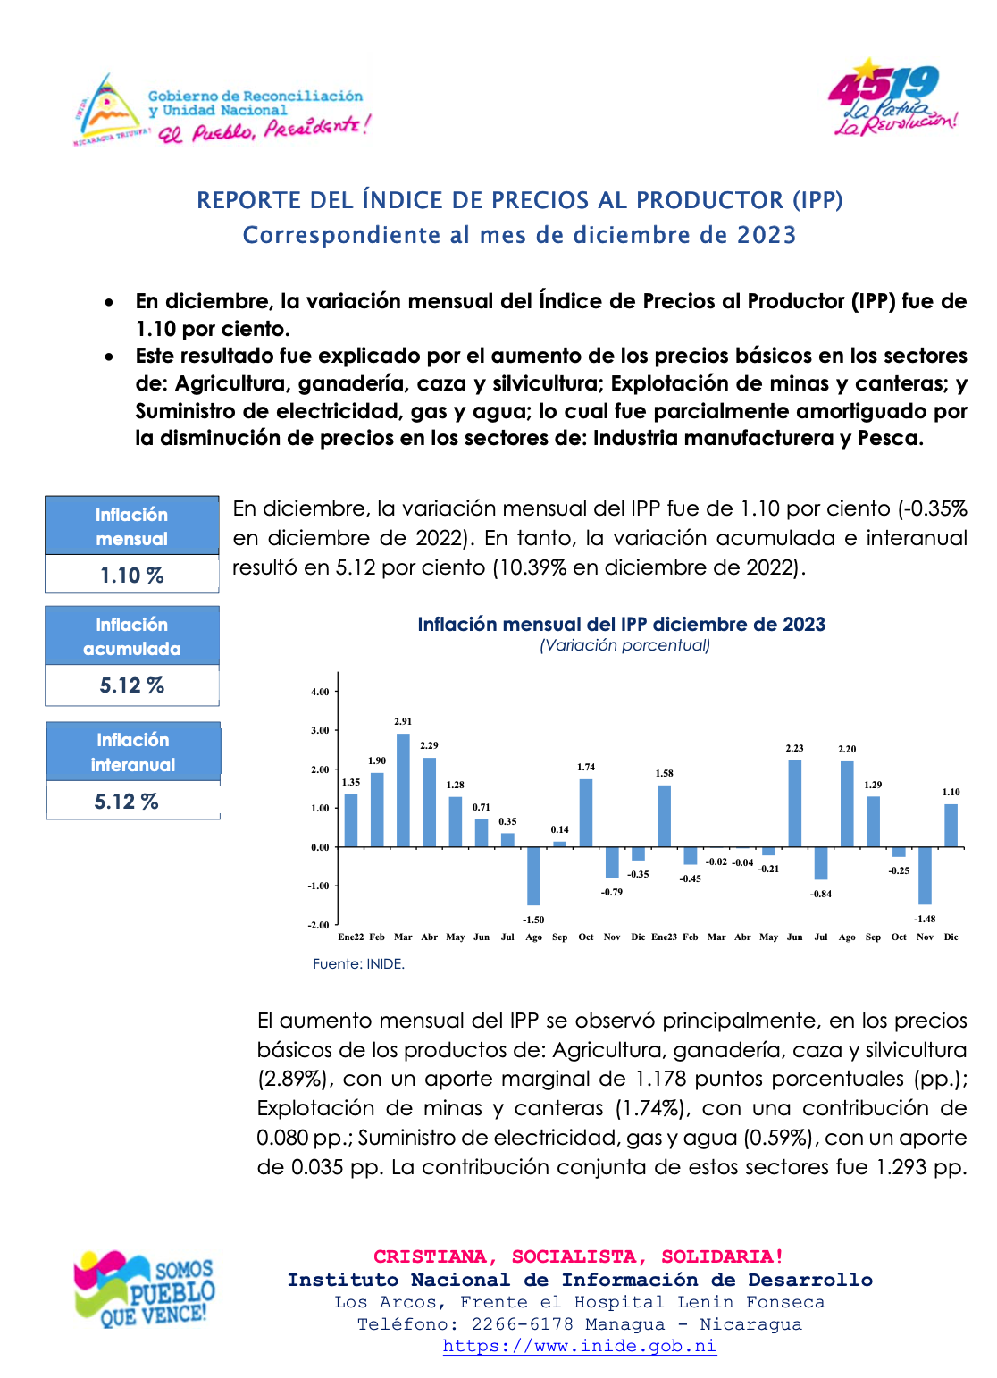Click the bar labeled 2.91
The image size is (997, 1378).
coord(403,790)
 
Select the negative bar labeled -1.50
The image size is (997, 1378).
coord(533,876)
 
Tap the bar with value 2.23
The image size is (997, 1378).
coord(794,803)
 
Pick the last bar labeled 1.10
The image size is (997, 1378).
coord(951,826)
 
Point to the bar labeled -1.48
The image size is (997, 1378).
coord(925,876)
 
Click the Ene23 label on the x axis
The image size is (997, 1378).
coord(665,937)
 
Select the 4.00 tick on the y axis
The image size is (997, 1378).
coord(320,692)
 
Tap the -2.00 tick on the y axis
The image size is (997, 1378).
coord(319,925)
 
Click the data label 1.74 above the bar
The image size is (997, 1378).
coord(586,767)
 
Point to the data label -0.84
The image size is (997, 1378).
coord(821,894)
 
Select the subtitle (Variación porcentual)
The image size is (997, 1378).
coord(624,645)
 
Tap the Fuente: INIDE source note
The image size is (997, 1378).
coord(358,964)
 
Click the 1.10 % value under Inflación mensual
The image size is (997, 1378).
coord(132,576)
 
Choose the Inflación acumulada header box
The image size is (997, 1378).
coord(132,636)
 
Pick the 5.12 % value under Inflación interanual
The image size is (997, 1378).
coord(127,801)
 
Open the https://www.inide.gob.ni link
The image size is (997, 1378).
coord(580,1346)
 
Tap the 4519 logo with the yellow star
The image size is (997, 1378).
coord(892,97)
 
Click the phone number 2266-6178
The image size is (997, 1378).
coord(523,1323)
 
